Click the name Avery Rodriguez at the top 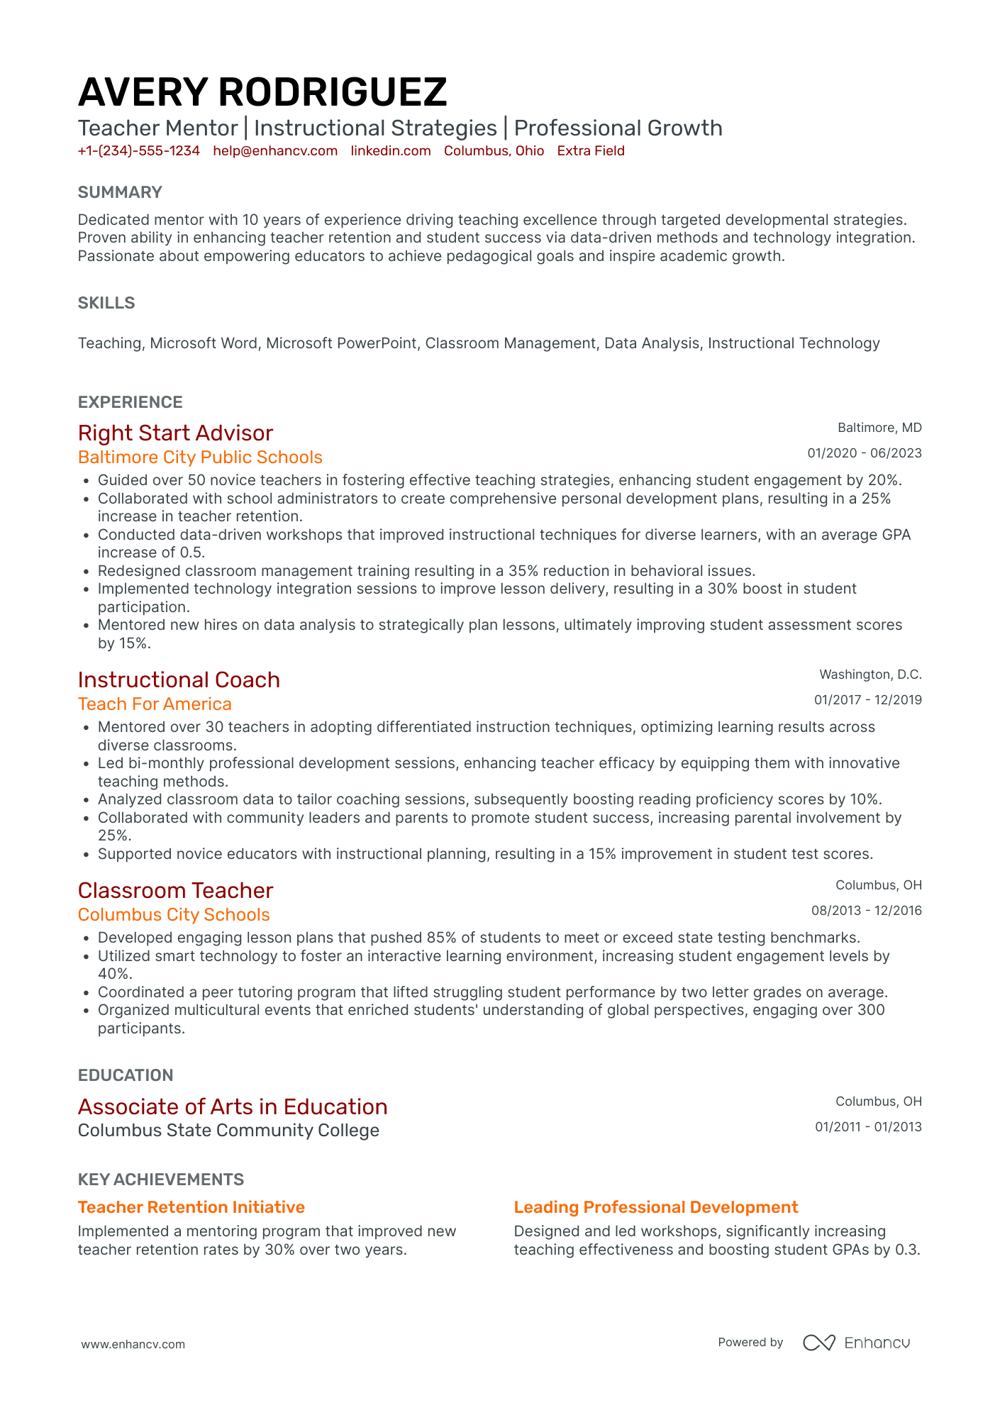point(262,93)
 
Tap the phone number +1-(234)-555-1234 point(139,151)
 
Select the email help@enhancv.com point(275,151)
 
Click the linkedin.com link point(391,151)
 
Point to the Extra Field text point(591,151)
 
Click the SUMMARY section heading point(120,192)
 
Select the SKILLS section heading point(106,303)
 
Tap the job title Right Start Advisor point(175,433)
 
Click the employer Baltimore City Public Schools point(200,457)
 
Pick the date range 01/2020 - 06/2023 point(865,453)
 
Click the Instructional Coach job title point(179,680)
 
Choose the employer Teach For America point(155,704)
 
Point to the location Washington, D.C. point(870,675)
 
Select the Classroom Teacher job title point(175,891)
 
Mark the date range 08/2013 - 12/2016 point(866,911)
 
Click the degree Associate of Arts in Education point(233,1107)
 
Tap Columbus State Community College point(228,1131)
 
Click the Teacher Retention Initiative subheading point(191,1207)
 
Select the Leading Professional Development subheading point(656,1207)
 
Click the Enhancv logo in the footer point(857,1343)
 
